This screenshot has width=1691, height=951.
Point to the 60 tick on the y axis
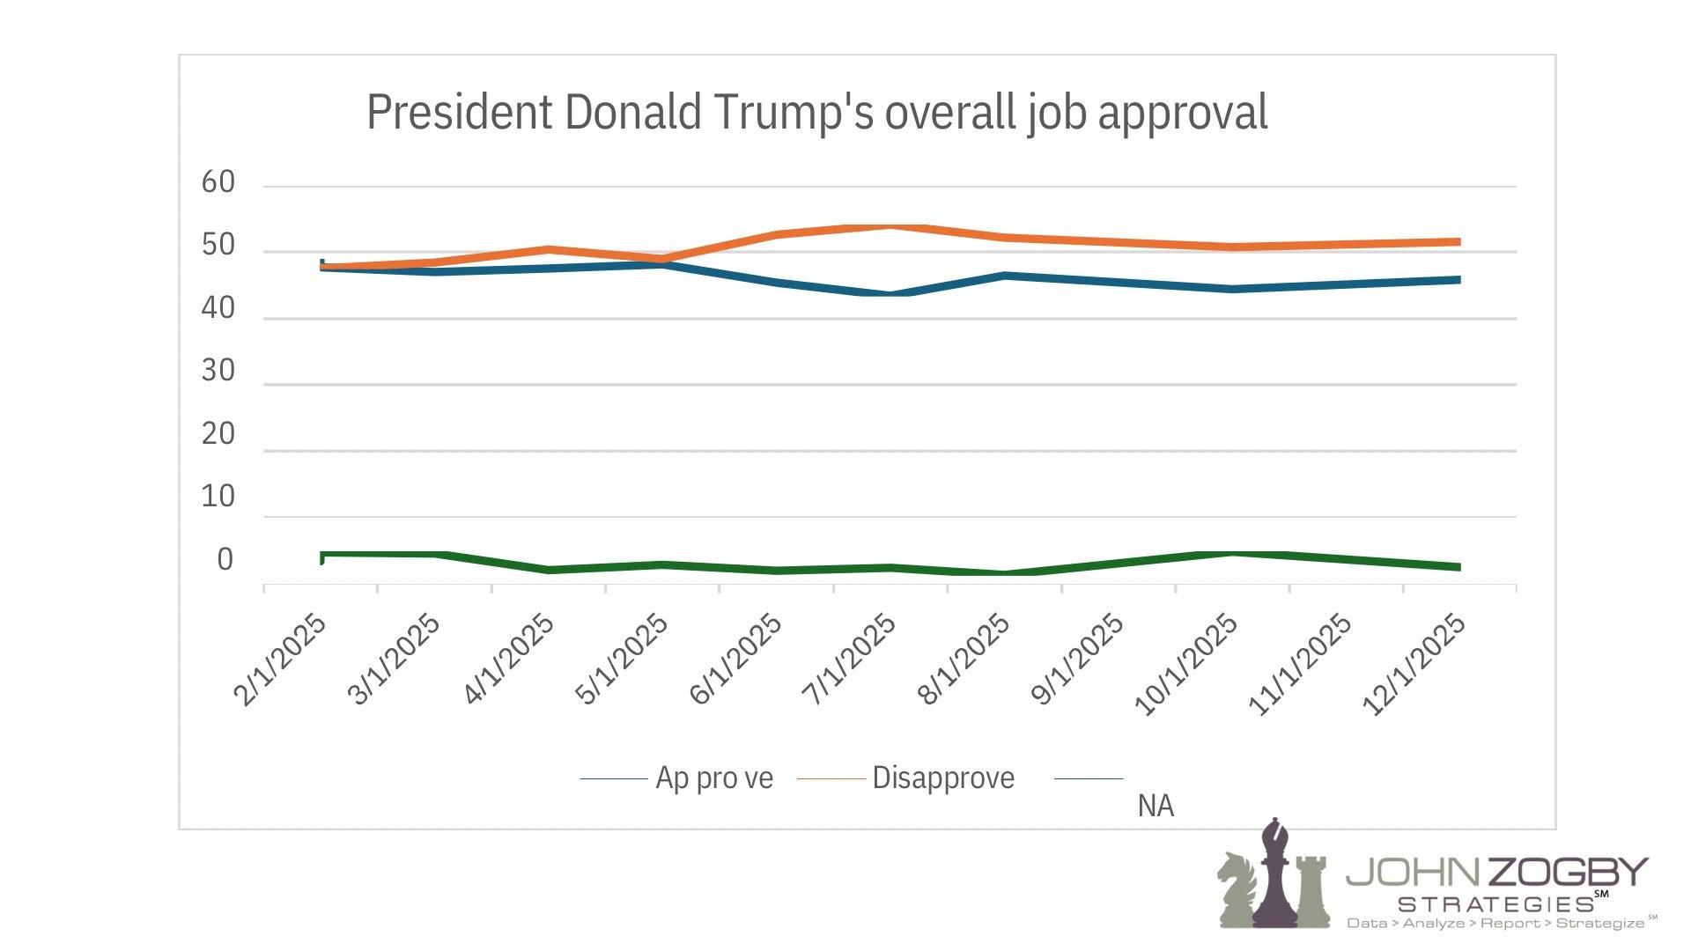coord(218,182)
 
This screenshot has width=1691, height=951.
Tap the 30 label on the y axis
coord(218,371)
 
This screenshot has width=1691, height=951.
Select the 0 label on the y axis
coord(225,560)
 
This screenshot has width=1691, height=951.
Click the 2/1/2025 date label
coord(280,660)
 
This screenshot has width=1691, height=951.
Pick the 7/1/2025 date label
coord(849,660)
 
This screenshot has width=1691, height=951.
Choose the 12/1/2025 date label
coord(1414,665)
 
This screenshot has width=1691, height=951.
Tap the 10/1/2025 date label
coord(1186,665)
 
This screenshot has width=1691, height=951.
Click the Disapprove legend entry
coord(943,778)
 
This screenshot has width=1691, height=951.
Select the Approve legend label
coord(714,778)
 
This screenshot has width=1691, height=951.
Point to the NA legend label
coord(1156,806)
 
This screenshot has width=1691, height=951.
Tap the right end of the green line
coord(1458,567)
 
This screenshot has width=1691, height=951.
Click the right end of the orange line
coord(1458,241)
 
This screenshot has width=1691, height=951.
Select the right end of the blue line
coord(1458,280)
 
